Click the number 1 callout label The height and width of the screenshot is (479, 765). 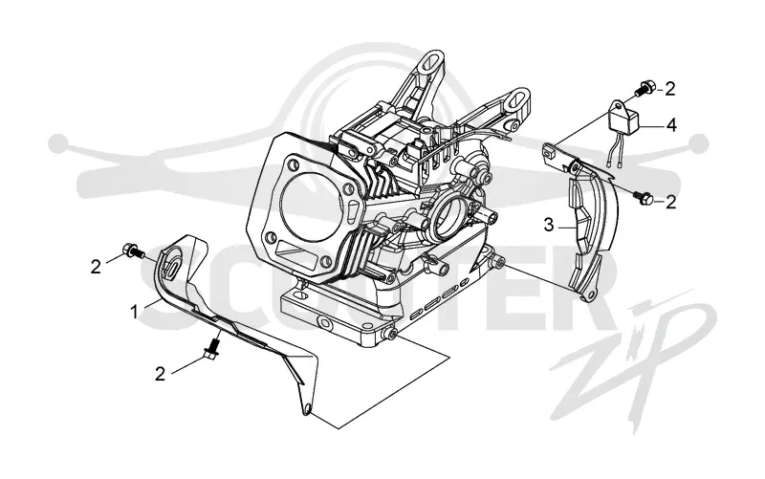click(x=135, y=312)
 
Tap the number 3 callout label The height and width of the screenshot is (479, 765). click(x=549, y=226)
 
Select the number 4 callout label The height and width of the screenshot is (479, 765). click(x=671, y=125)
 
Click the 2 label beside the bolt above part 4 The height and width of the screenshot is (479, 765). click(x=670, y=89)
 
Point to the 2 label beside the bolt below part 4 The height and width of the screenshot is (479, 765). click(x=671, y=202)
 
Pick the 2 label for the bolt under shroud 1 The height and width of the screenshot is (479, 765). click(x=160, y=374)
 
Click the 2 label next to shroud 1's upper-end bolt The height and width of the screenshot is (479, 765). click(x=96, y=267)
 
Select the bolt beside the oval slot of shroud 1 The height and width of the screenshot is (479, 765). click(x=133, y=250)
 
